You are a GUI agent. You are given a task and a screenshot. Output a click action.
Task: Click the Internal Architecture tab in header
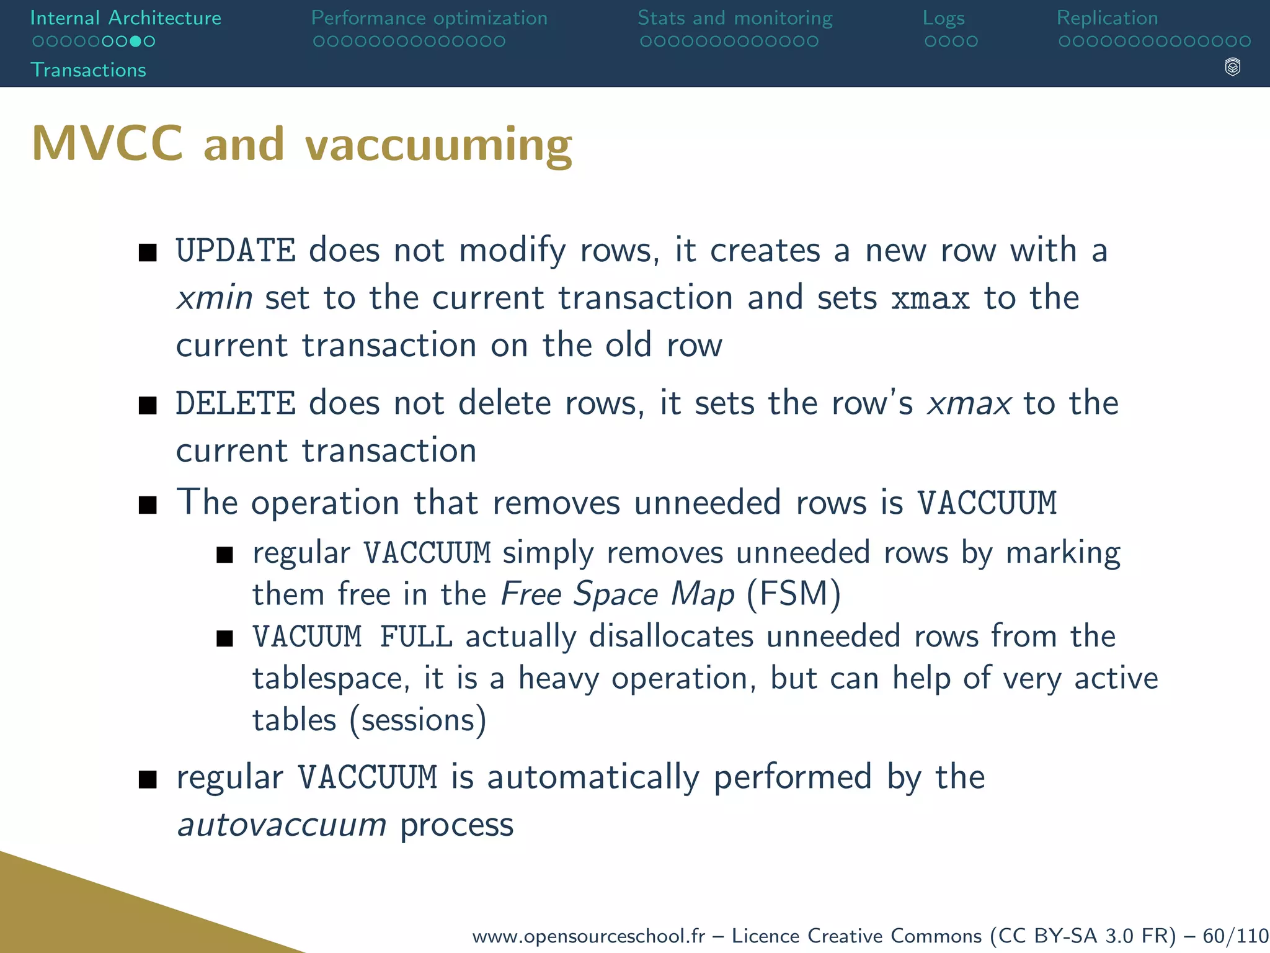(125, 18)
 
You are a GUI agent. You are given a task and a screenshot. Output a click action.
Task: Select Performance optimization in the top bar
(429, 18)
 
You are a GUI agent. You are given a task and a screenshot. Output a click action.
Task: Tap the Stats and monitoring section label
(735, 18)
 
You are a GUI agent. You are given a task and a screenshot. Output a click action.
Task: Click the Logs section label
(943, 19)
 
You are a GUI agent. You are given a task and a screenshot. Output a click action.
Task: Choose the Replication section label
(1107, 18)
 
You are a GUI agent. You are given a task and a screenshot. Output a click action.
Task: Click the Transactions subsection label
(88, 70)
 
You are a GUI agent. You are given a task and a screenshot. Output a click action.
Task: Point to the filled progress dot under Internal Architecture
(135, 42)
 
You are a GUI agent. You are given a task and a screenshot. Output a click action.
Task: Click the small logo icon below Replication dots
(1232, 67)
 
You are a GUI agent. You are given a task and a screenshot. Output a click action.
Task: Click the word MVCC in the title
(107, 144)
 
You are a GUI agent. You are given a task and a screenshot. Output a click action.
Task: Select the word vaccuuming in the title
(438, 145)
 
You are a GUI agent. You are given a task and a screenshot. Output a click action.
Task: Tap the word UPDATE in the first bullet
(236, 251)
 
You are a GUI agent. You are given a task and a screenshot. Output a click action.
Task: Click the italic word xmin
(215, 298)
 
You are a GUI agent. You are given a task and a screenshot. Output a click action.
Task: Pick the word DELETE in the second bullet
(236, 403)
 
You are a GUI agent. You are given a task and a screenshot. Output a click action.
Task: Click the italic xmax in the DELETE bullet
(969, 403)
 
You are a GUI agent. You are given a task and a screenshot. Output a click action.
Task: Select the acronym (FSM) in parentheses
(794, 594)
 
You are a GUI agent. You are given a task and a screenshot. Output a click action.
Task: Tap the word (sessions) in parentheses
(418, 720)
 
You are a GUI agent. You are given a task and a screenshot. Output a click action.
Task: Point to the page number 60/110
(1235, 936)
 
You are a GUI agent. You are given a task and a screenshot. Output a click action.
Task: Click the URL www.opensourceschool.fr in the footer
(588, 936)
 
